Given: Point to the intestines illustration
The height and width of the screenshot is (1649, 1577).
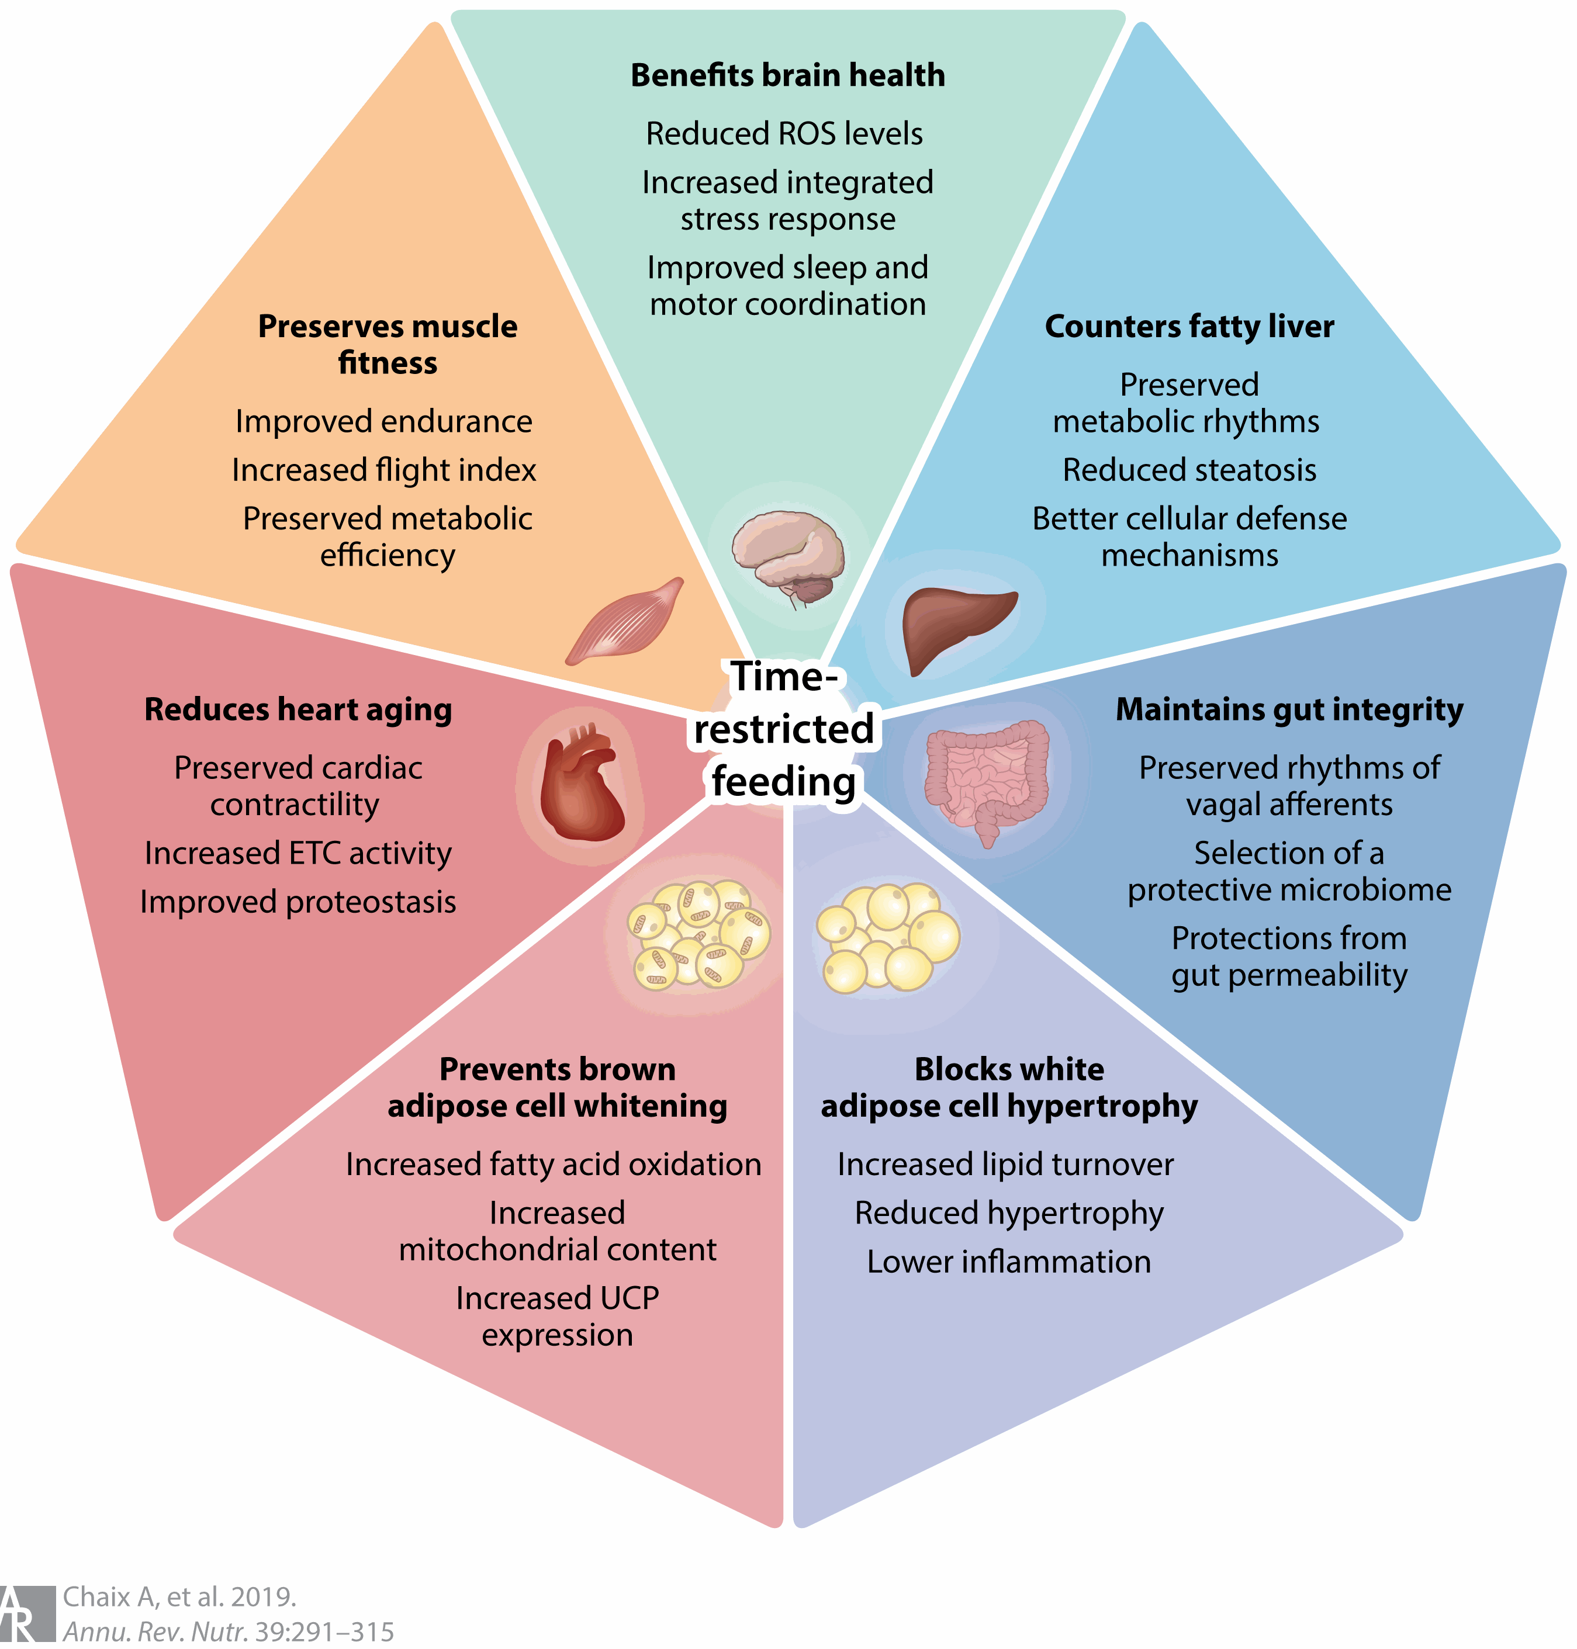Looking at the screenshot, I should pyautogui.click(x=988, y=777).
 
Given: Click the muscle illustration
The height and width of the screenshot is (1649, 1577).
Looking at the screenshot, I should pyautogui.click(x=625, y=621).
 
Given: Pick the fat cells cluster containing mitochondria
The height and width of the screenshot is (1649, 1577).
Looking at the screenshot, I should pyautogui.click(x=698, y=934).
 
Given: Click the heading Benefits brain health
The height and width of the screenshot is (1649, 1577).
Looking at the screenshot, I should pyautogui.click(x=788, y=75).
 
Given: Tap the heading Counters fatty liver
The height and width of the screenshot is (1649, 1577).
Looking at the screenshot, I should pyautogui.click(x=1189, y=326).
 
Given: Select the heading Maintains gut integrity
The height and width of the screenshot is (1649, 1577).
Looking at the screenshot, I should pyautogui.click(x=1289, y=709).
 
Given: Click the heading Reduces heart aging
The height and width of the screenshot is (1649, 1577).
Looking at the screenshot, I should pyautogui.click(x=299, y=709).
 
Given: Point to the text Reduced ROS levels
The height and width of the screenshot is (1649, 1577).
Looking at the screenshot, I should pyautogui.click(x=784, y=134).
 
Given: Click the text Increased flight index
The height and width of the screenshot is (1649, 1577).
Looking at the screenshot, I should pyautogui.click(x=384, y=470).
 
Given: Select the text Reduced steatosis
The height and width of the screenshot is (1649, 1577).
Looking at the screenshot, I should pyautogui.click(x=1189, y=470).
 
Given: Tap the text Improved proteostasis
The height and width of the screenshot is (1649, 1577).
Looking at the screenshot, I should pyautogui.click(x=299, y=902).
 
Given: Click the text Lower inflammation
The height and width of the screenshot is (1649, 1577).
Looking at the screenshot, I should pyautogui.click(x=1009, y=1262).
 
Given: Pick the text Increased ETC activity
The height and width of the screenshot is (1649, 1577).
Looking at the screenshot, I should pyautogui.click(x=299, y=853).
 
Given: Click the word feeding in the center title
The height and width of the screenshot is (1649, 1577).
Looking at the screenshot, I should pyautogui.click(x=783, y=782).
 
